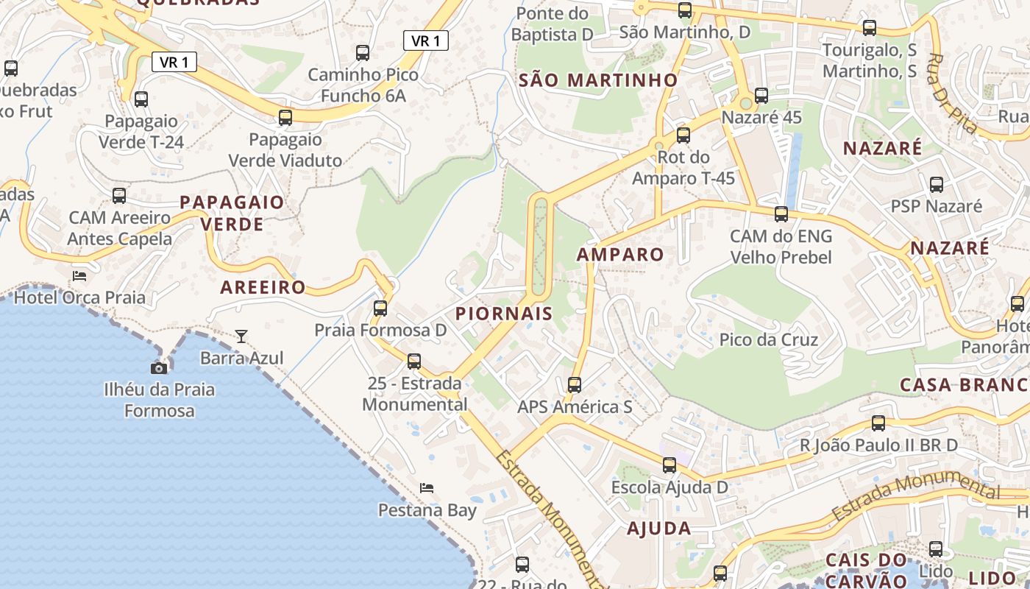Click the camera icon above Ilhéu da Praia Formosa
click(159, 367)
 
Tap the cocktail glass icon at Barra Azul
click(241, 336)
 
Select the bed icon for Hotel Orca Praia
click(79, 276)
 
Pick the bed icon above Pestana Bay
click(427, 488)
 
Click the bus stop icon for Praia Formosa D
click(380, 308)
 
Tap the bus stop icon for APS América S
click(575, 385)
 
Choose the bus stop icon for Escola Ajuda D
click(669, 465)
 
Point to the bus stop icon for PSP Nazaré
click(937, 185)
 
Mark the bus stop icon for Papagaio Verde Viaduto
click(285, 118)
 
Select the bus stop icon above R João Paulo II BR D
click(878, 423)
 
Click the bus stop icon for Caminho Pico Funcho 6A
click(363, 53)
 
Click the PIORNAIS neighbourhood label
click(504, 314)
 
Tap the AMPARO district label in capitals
click(620, 255)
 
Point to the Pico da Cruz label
click(769, 340)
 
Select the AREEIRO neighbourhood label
click(263, 287)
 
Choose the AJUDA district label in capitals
click(659, 528)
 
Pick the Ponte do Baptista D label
click(553, 24)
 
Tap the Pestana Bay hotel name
click(427, 510)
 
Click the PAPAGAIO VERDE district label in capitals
click(232, 213)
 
